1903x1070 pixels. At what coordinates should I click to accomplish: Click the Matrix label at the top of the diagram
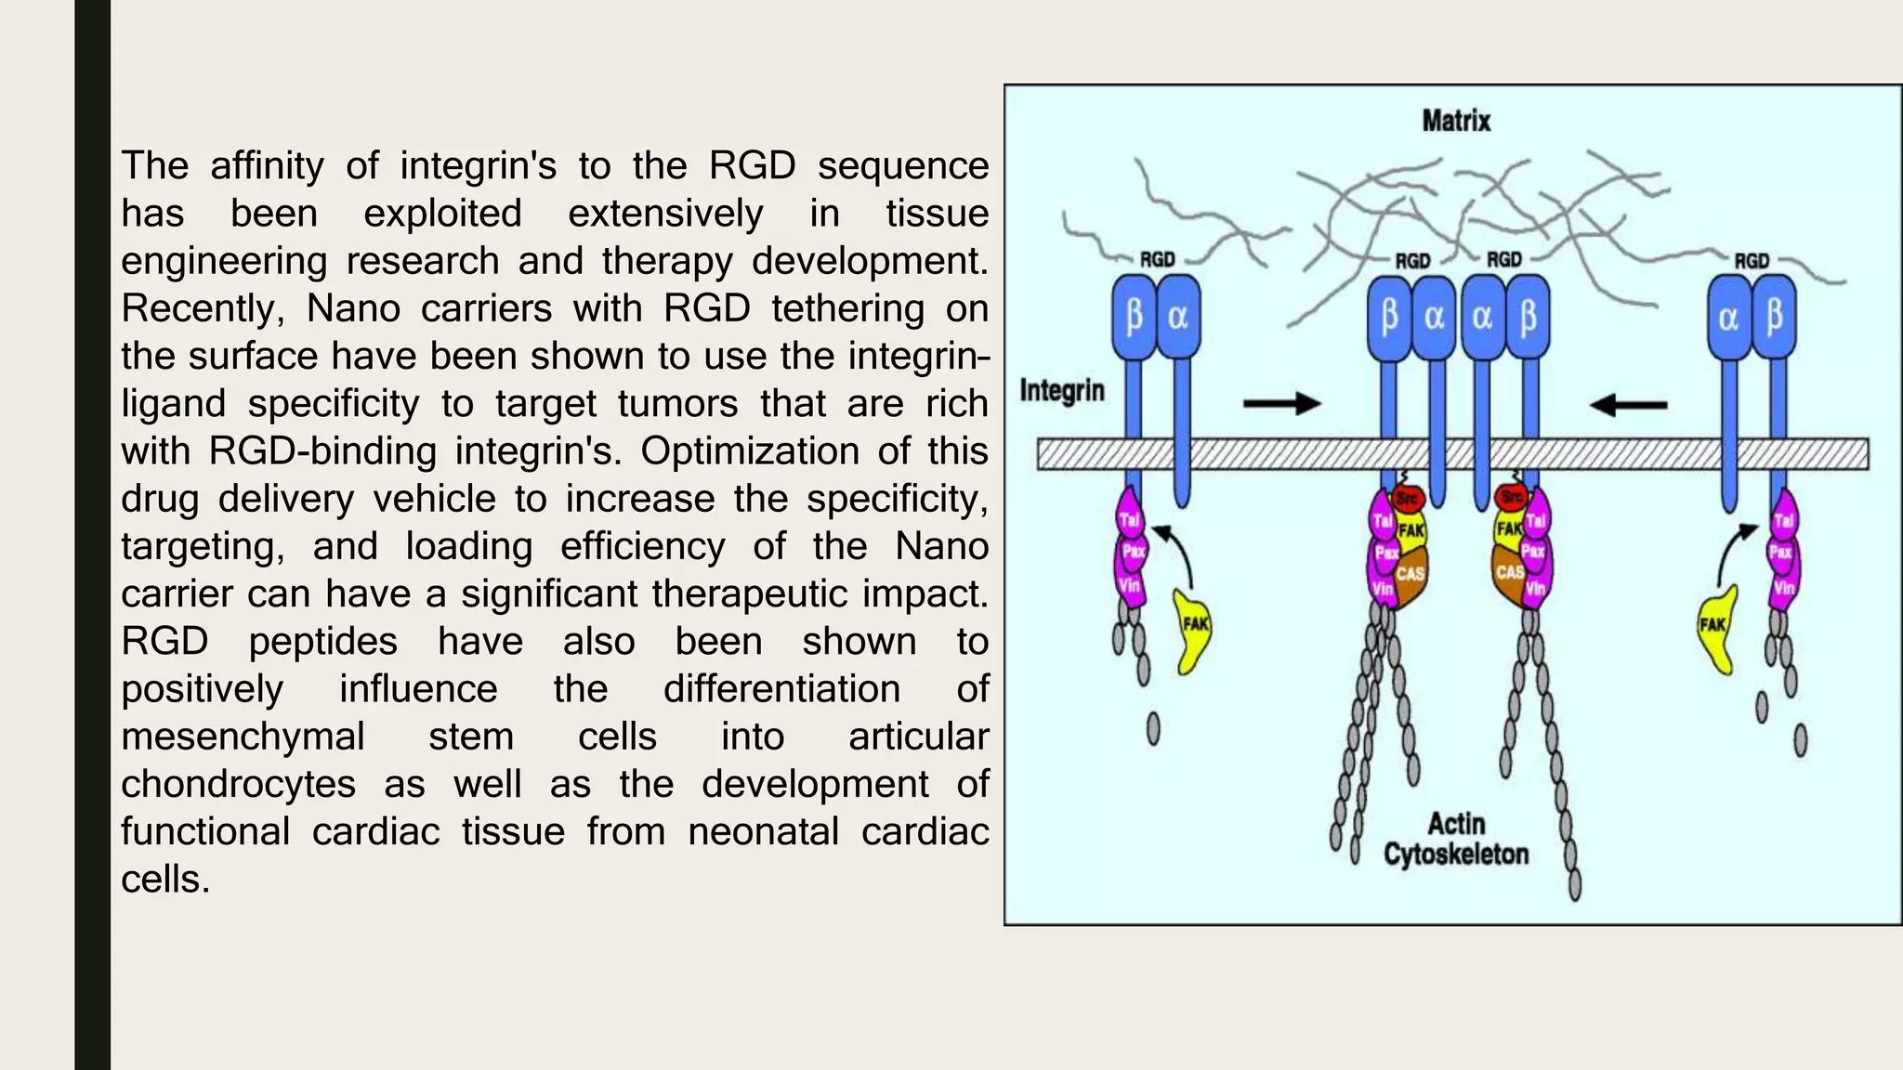coord(1455,121)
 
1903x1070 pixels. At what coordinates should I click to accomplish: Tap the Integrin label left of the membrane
coord(1062,390)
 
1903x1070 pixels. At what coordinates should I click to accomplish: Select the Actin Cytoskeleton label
coord(1455,839)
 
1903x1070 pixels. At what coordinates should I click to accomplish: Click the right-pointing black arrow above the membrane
coord(1282,403)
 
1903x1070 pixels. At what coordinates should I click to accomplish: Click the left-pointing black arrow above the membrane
coord(1628,405)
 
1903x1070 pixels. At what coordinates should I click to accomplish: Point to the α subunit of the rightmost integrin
coord(1728,318)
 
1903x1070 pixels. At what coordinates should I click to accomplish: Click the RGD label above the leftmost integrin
coord(1157,260)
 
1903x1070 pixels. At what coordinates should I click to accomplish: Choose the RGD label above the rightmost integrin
coord(1752,261)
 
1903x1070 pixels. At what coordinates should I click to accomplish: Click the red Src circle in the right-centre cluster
coord(1512,498)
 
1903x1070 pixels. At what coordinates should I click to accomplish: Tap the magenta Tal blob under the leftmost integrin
coord(1130,520)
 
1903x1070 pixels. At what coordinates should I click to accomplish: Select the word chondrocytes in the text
coord(238,784)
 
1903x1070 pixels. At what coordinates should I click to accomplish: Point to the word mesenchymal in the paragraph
coord(243,737)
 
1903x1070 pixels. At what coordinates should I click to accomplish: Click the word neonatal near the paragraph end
coord(763,831)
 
